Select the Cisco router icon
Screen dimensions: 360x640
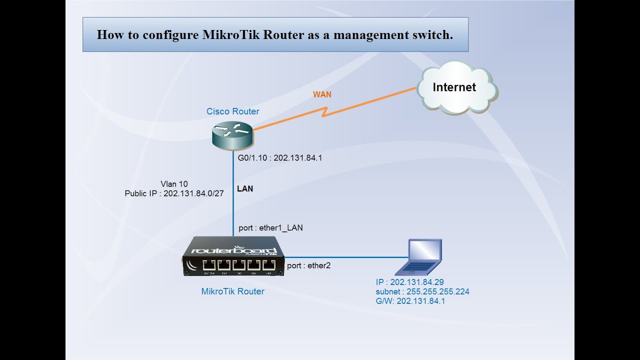[x=232, y=133]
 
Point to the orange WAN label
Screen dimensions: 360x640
[x=322, y=94]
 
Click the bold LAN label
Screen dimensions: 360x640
[x=245, y=189]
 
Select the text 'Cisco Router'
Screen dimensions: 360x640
[x=233, y=111]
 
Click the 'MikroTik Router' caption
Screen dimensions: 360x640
[x=232, y=291]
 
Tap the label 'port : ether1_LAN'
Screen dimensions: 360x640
[x=270, y=228]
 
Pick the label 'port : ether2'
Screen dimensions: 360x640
[x=308, y=265]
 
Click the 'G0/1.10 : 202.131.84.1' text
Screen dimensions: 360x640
[x=279, y=158]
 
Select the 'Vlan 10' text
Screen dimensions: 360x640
[x=174, y=183]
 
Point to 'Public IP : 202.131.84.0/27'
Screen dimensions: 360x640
[x=174, y=193]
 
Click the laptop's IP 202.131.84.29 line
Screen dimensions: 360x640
[x=409, y=282]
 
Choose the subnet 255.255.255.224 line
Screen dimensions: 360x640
[x=422, y=291]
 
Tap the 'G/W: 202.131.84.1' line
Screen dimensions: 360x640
[x=410, y=301]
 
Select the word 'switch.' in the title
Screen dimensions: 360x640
[x=434, y=34]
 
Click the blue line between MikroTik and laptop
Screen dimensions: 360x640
[x=345, y=257]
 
